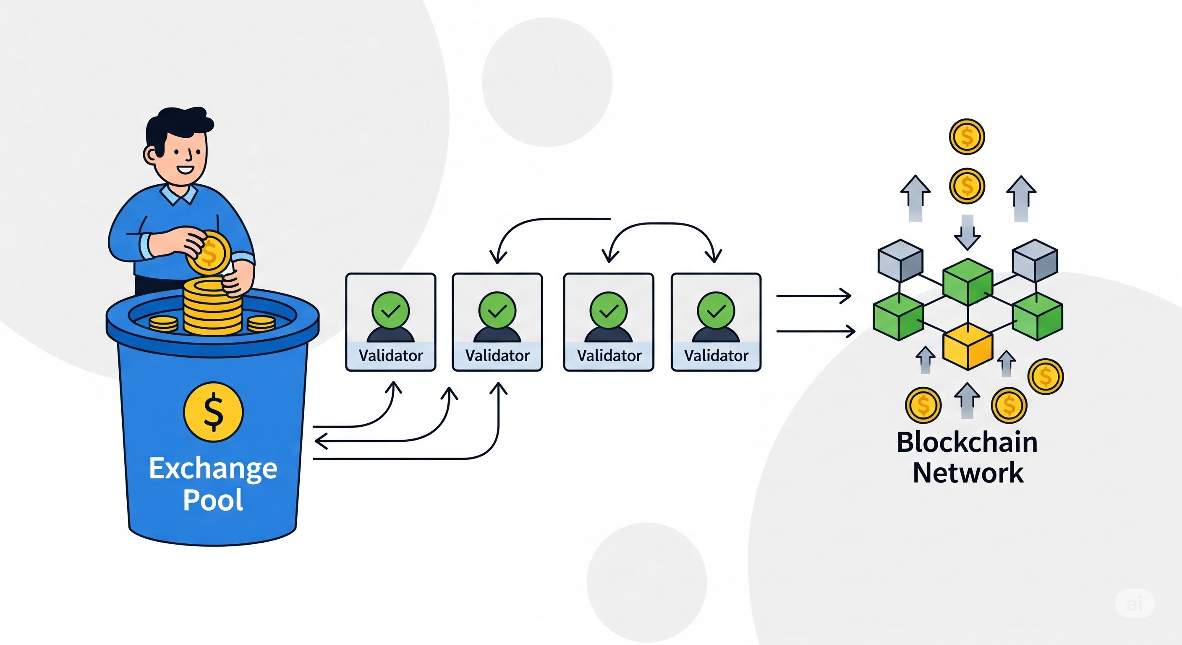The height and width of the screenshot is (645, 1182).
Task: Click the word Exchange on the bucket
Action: (x=213, y=469)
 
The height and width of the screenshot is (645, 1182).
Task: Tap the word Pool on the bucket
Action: (x=213, y=499)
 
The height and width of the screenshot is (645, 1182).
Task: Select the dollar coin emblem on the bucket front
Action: (x=213, y=412)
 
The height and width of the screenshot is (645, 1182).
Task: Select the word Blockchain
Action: (x=967, y=443)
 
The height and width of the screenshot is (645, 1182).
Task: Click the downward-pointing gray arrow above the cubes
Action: (x=967, y=232)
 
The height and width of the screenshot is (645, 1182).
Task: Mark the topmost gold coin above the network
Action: (x=967, y=137)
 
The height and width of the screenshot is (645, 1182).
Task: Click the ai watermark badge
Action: (x=1134, y=604)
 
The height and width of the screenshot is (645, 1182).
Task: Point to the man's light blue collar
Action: (x=179, y=196)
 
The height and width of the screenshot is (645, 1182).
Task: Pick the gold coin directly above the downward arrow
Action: (x=967, y=186)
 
